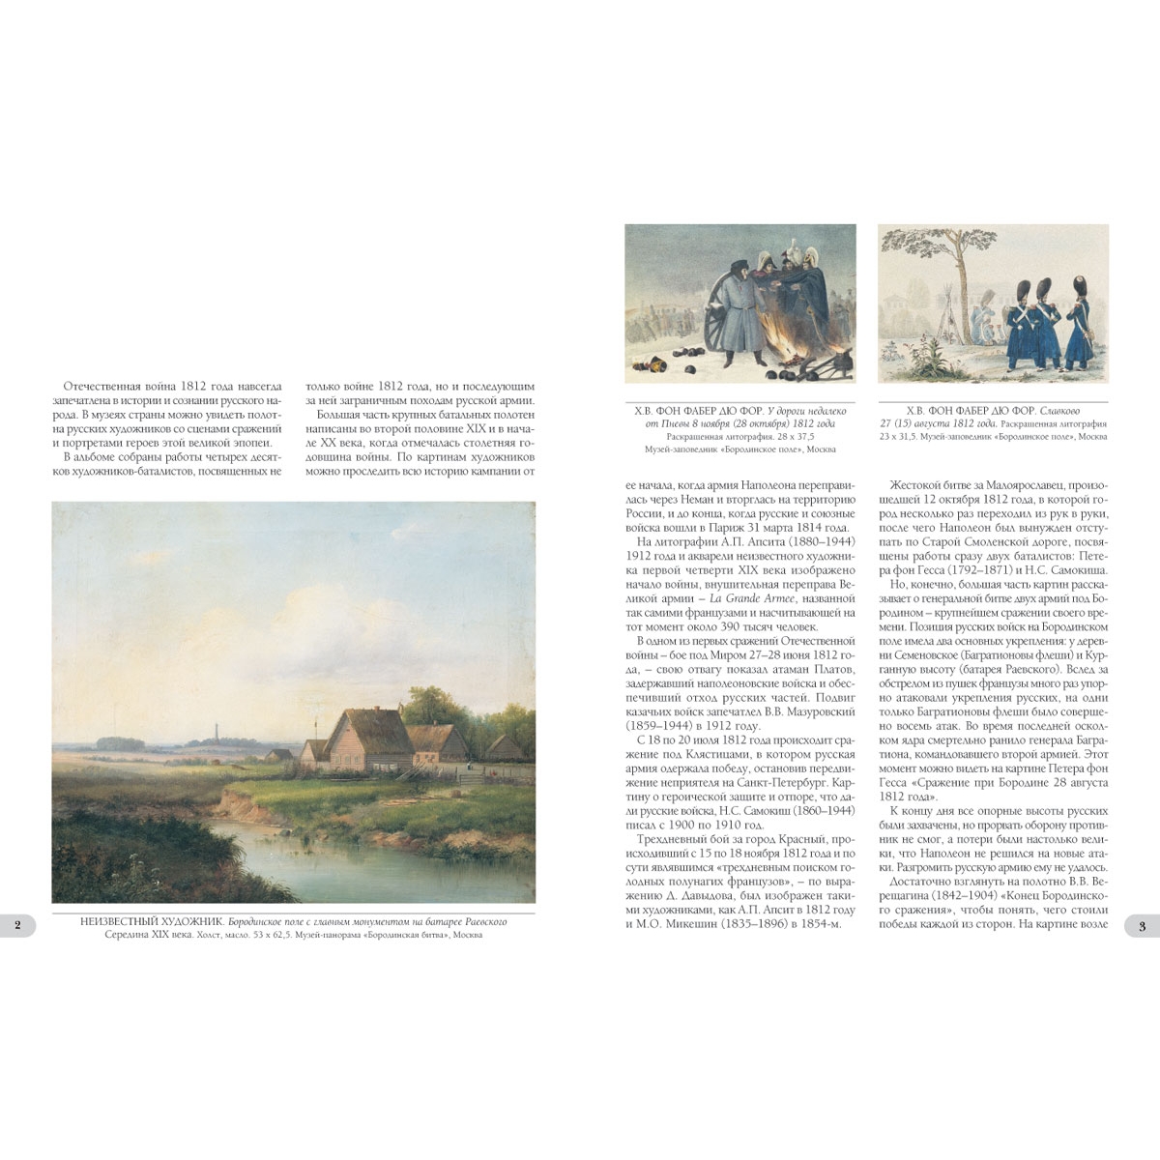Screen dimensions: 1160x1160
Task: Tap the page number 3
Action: pos(1142,927)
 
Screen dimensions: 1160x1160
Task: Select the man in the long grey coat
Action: pos(744,309)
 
